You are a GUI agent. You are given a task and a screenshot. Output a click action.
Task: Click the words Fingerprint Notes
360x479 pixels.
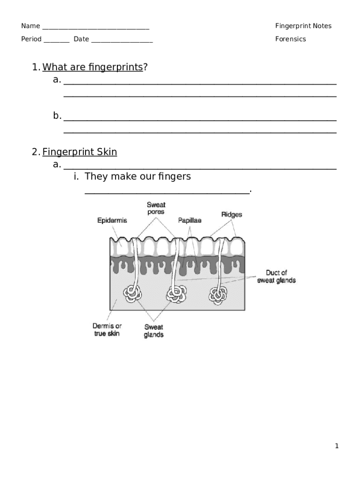tap(303, 26)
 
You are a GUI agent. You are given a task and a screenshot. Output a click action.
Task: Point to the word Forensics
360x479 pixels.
tap(290, 39)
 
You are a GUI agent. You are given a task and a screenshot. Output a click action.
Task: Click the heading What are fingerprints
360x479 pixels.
tap(93, 67)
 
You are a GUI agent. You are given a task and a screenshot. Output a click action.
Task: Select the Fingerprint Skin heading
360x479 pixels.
tap(79, 152)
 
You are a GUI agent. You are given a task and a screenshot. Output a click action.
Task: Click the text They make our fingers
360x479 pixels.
tap(138, 177)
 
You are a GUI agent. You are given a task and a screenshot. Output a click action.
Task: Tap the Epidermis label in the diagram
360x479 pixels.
tap(112, 220)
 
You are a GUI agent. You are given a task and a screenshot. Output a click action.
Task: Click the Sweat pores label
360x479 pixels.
tap(156, 208)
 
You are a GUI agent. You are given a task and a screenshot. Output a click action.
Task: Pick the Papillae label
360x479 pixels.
tap(189, 220)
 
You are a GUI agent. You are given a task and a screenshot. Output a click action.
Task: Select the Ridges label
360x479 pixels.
tap(231, 215)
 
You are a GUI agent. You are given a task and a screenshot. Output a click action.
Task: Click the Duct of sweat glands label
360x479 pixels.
tap(276, 276)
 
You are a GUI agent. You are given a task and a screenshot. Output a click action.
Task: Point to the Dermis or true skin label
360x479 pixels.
tap(107, 330)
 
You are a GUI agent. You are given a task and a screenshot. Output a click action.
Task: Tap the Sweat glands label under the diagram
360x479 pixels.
tap(153, 331)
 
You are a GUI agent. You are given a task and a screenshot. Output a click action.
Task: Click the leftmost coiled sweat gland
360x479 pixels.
tap(132, 294)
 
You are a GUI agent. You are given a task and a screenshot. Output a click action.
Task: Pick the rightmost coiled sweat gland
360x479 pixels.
tap(218, 294)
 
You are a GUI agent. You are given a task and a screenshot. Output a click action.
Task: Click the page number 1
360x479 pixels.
tap(336, 446)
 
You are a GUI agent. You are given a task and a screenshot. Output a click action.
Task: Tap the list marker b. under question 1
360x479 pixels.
tap(57, 116)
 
